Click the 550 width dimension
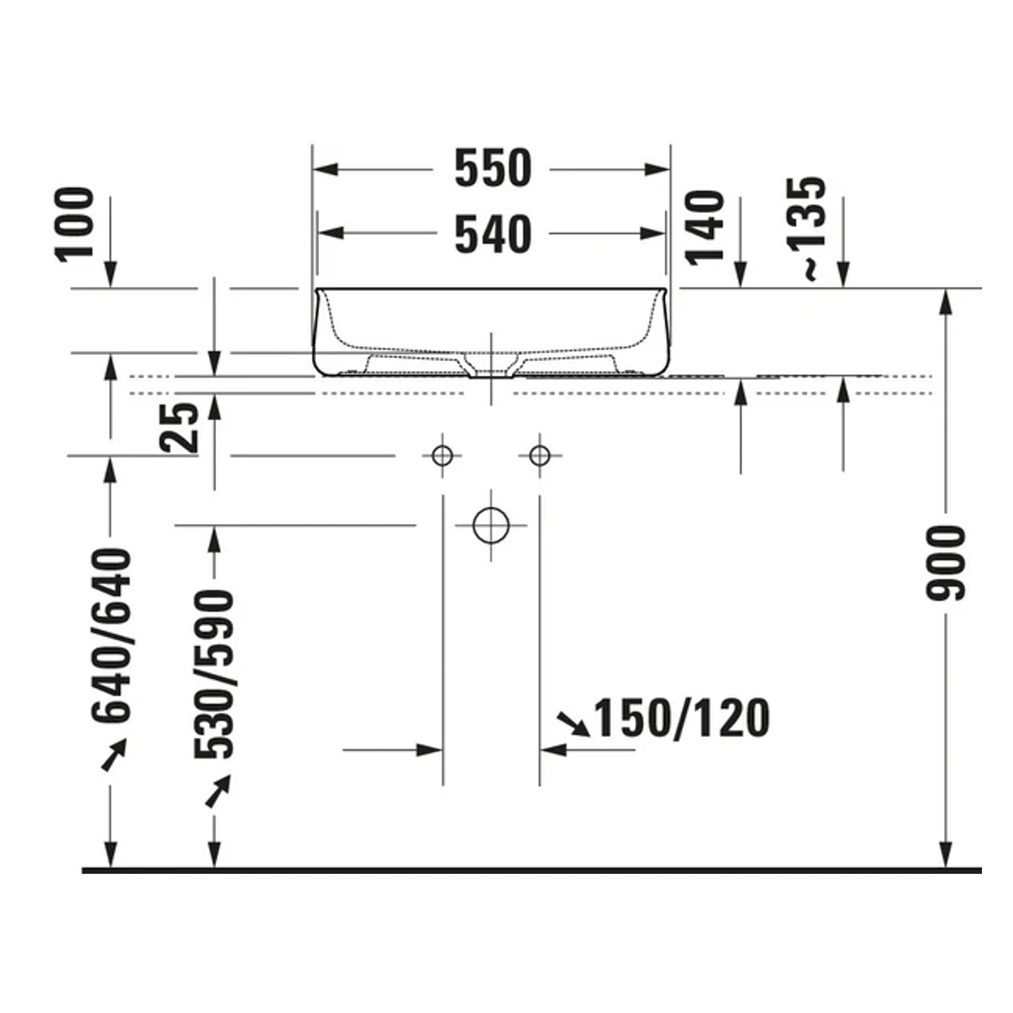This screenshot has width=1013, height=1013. point(493,169)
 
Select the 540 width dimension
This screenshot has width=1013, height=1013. point(493,234)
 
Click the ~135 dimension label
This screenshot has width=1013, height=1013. point(807,229)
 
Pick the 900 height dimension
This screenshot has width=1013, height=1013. point(945,563)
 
